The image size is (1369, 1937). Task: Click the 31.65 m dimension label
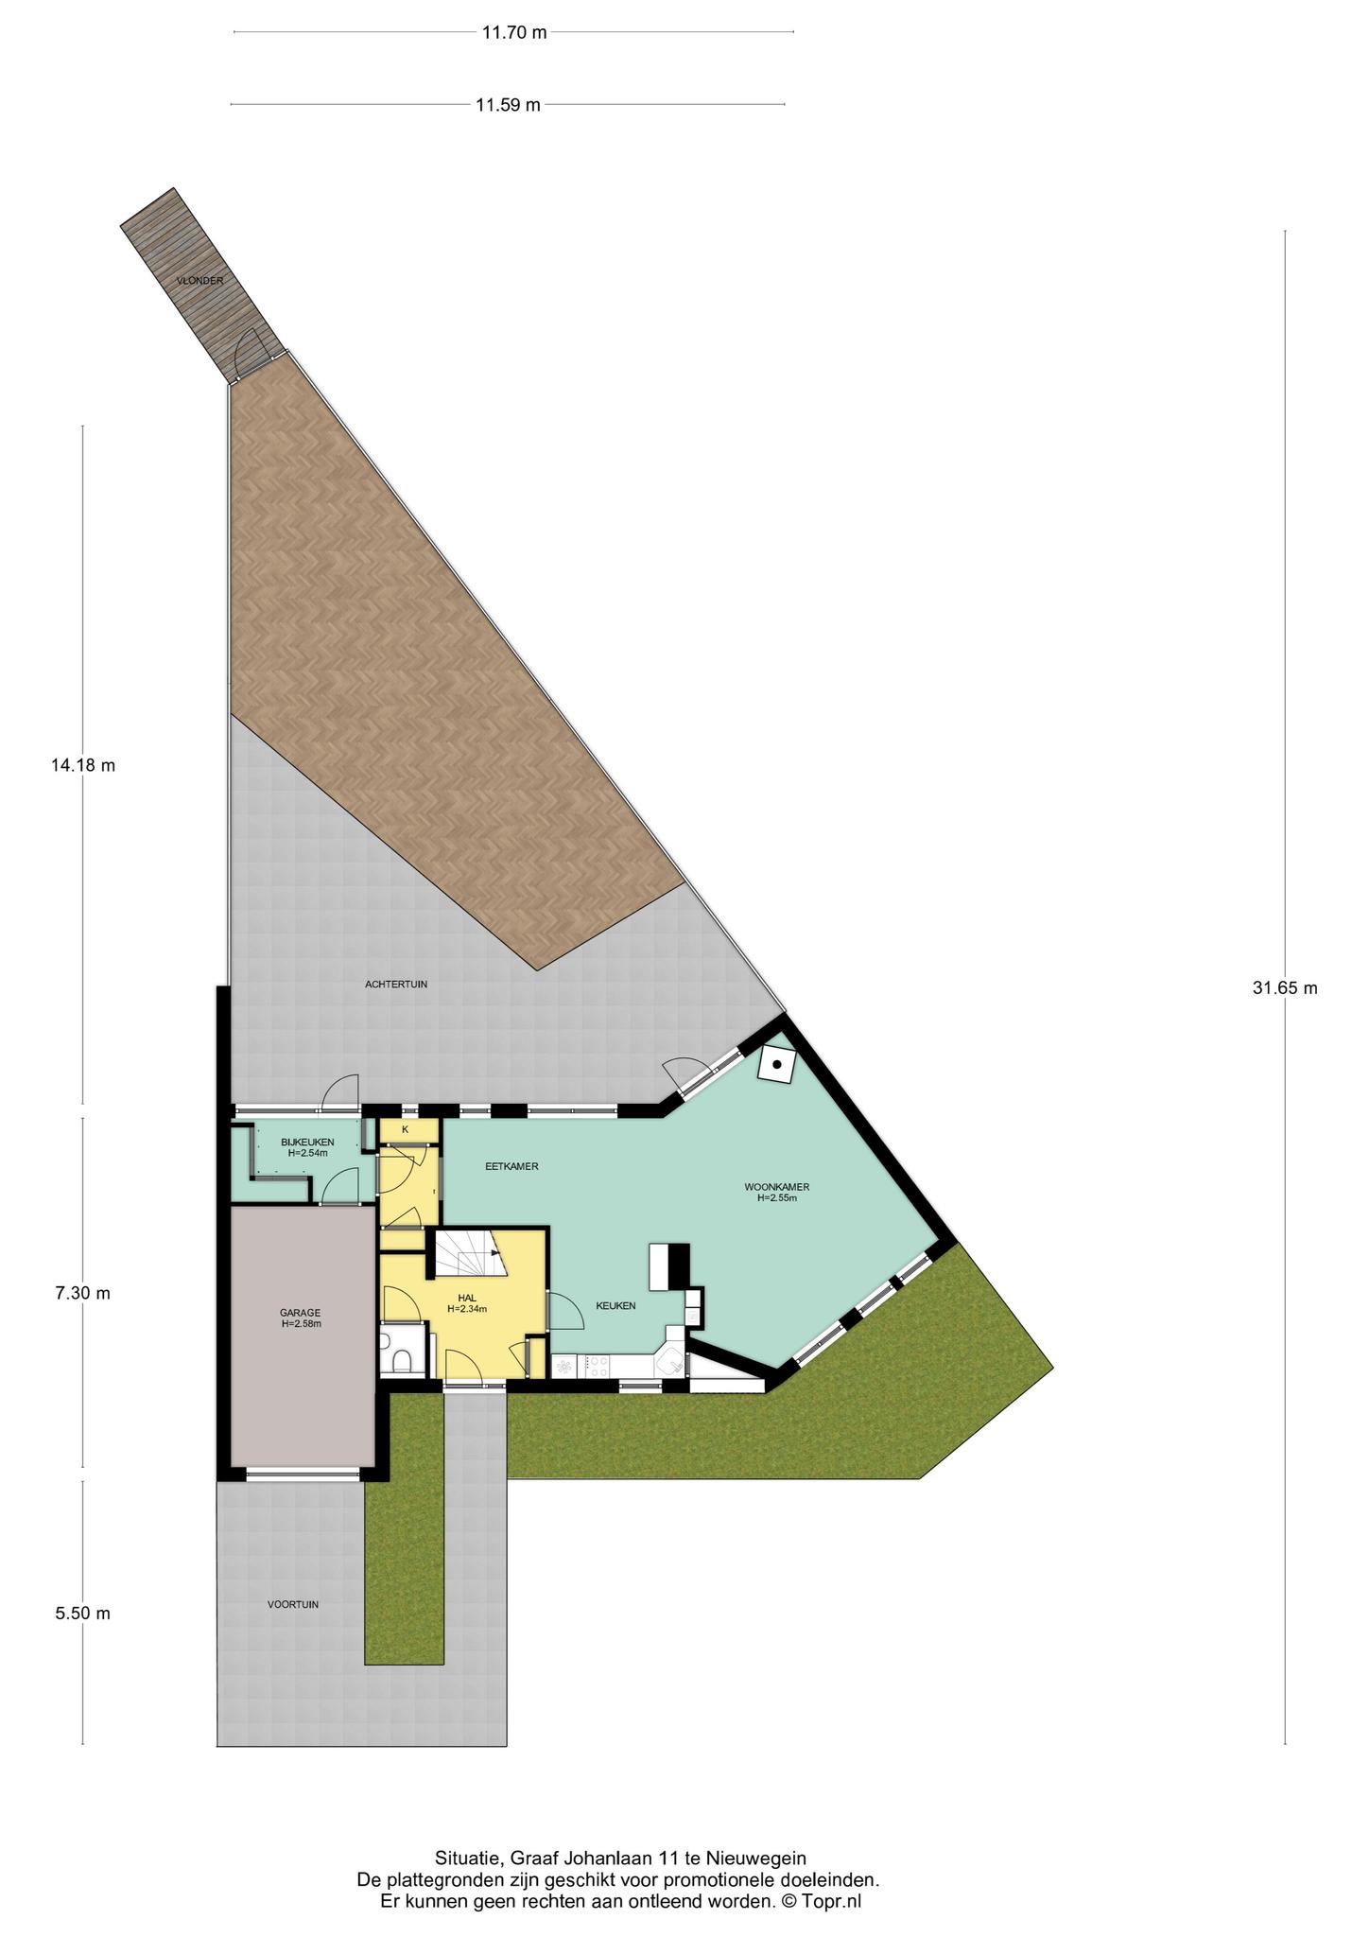1284,988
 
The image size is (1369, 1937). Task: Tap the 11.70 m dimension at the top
514,32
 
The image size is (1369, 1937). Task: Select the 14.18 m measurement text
83,765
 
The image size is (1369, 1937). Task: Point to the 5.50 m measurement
83,1614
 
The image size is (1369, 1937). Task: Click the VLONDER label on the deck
199,281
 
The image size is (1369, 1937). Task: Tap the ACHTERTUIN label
396,985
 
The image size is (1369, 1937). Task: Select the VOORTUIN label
292,1604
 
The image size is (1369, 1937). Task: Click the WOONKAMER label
777,1187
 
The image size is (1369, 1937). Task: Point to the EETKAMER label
511,1166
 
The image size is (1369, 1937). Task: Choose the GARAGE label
300,1313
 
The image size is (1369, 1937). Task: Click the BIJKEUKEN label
307,1143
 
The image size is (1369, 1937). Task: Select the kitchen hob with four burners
598,1365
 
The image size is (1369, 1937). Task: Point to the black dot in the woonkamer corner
777,1065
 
